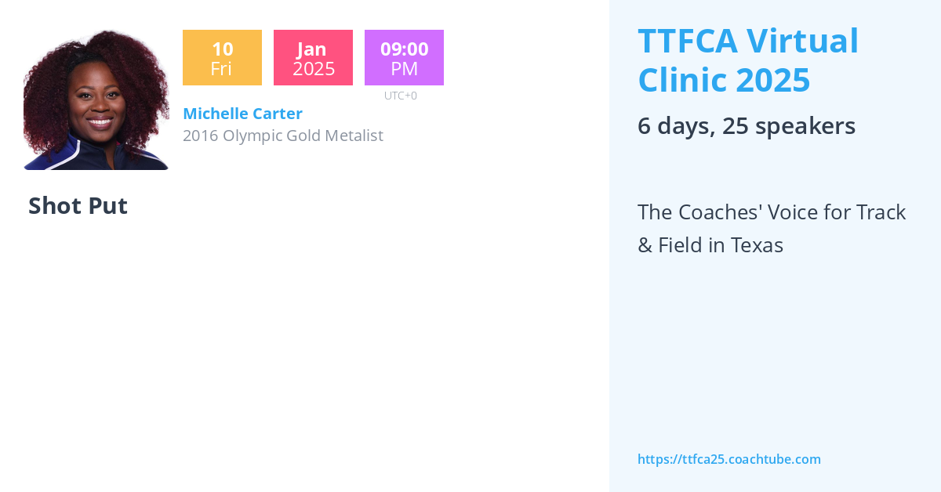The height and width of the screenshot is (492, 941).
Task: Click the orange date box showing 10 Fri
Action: tap(222, 58)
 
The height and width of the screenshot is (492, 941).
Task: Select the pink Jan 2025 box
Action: tap(313, 58)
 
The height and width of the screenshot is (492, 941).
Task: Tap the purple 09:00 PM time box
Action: tap(404, 58)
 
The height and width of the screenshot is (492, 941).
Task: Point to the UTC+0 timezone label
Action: tap(400, 96)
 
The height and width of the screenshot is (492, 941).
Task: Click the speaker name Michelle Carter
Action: tap(242, 114)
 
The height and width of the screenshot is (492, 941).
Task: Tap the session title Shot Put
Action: tap(78, 206)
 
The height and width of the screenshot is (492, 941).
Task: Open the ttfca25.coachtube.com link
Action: tap(728, 459)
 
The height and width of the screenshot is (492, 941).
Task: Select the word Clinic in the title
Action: tap(679, 80)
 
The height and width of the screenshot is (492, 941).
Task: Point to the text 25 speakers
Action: tap(788, 126)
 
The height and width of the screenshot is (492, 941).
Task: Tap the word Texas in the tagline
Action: tap(757, 245)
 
